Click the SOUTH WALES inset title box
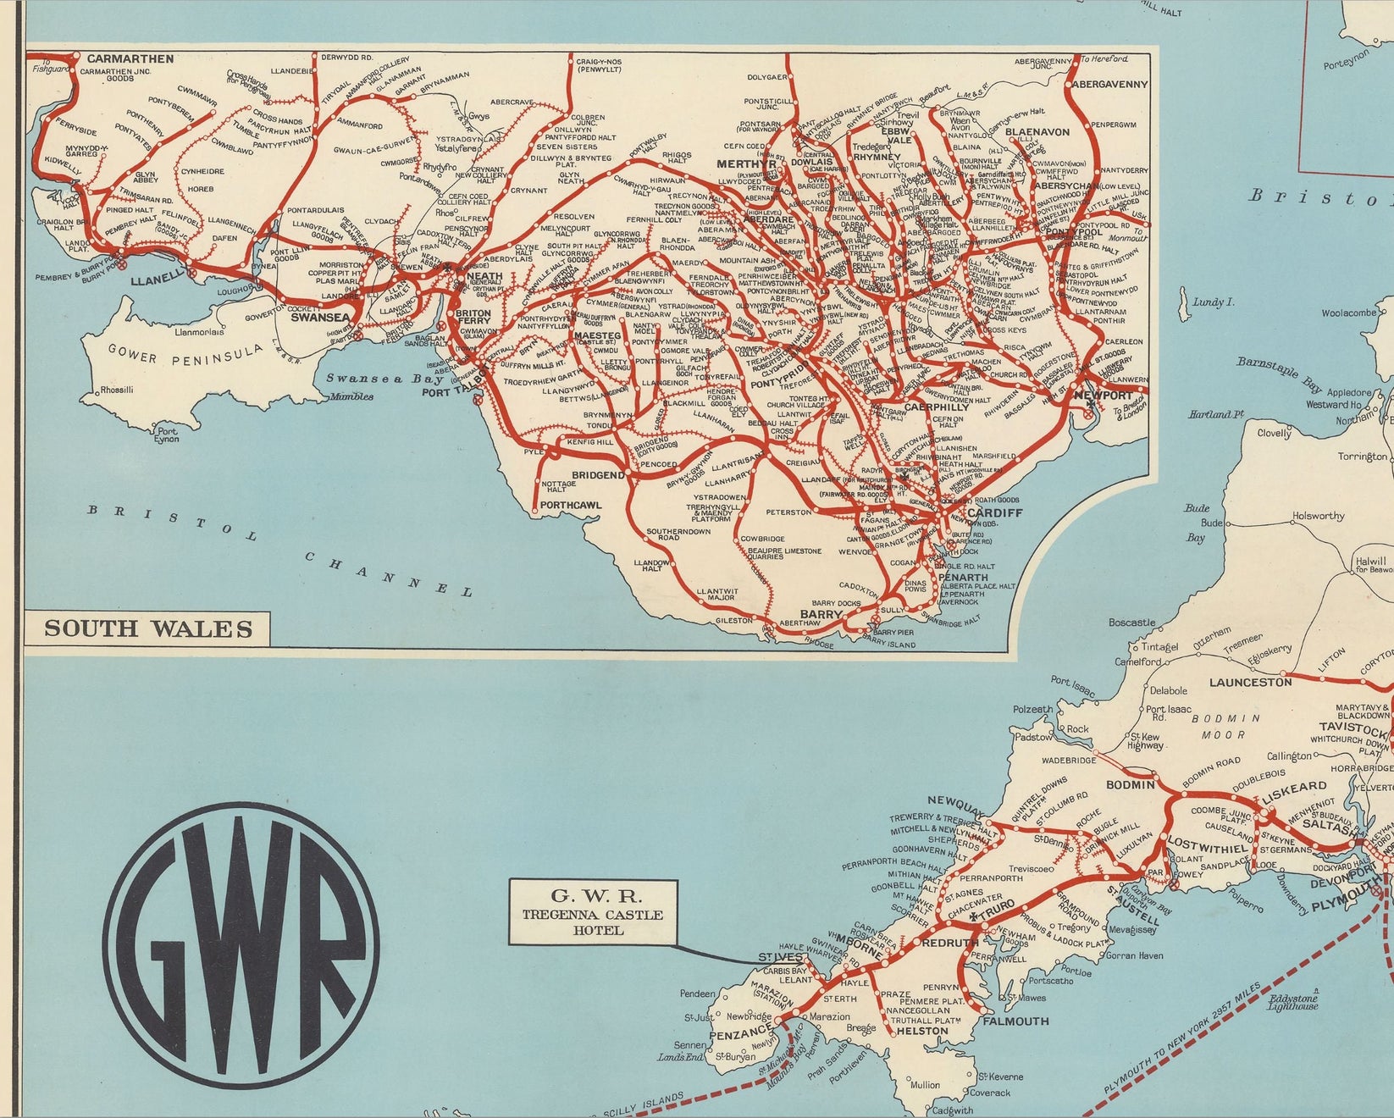(148, 628)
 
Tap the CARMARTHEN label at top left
(130, 58)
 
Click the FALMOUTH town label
(1015, 1021)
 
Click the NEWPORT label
(1103, 396)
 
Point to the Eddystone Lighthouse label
(1292, 1002)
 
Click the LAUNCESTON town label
(1250, 682)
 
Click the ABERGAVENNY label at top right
(1109, 85)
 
